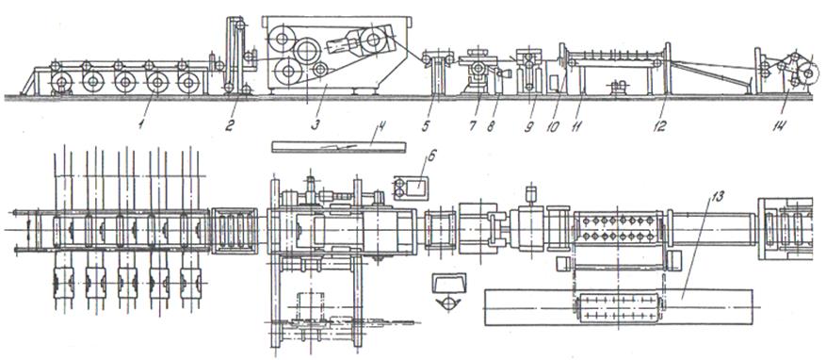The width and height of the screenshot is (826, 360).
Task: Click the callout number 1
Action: pyautogui.click(x=139, y=126)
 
